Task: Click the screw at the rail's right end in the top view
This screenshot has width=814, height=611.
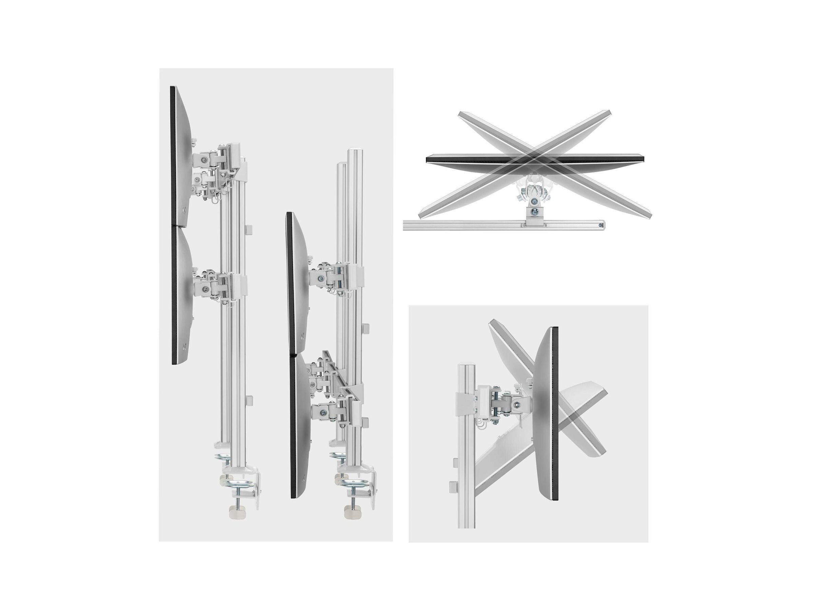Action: point(601,225)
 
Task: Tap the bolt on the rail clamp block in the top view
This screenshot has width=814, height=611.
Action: point(536,212)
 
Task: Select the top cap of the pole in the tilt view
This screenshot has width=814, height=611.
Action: point(466,365)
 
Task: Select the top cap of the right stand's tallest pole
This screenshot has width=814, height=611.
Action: point(355,150)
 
